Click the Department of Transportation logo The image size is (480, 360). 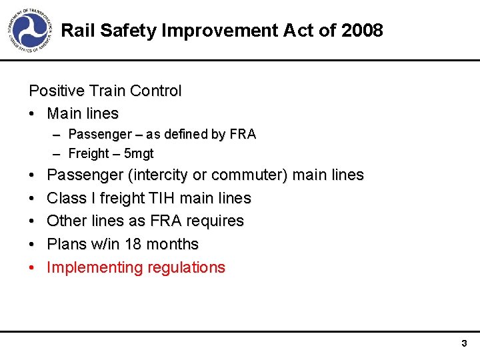(29, 31)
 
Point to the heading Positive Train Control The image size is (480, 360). (105, 91)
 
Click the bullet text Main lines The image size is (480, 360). (83, 113)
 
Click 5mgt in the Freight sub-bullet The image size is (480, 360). (139, 153)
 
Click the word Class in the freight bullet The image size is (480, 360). (67, 198)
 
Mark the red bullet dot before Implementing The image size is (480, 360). (32, 268)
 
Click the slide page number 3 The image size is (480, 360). (464, 344)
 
